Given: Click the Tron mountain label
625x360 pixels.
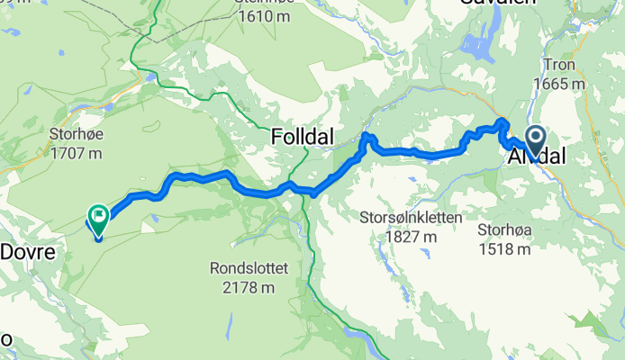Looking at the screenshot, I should (x=558, y=66).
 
